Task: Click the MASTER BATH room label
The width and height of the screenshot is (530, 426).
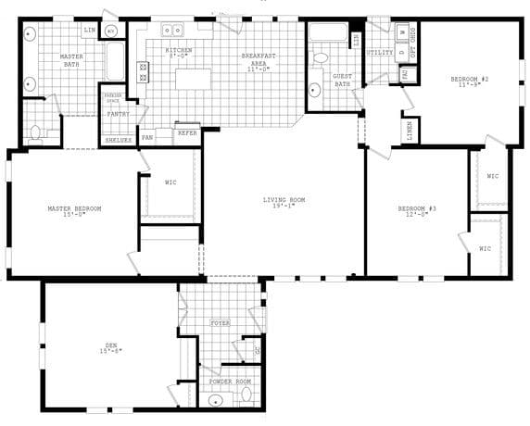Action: pyautogui.click(x=71, y=61)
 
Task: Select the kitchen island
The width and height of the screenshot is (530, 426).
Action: pyautogui.click(x=193, y=80)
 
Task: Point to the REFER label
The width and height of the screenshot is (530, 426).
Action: pyautogui.click(x=186, y=133)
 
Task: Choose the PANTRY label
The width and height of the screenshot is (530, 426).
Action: pyautogui.click(x=118, y=114)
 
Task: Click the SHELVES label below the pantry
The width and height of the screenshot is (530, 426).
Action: pyautogui.click(x=118, y=140)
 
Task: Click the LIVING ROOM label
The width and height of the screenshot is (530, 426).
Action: pyautogui.click(x=284, y=203)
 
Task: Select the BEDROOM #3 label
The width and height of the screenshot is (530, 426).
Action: pyautogui.click(x=417, y=212)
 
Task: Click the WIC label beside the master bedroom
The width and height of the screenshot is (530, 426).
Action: pyautogui.click(x=170, y=183)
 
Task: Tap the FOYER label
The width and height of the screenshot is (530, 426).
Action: pyautogui.click(x=220, y=323)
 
